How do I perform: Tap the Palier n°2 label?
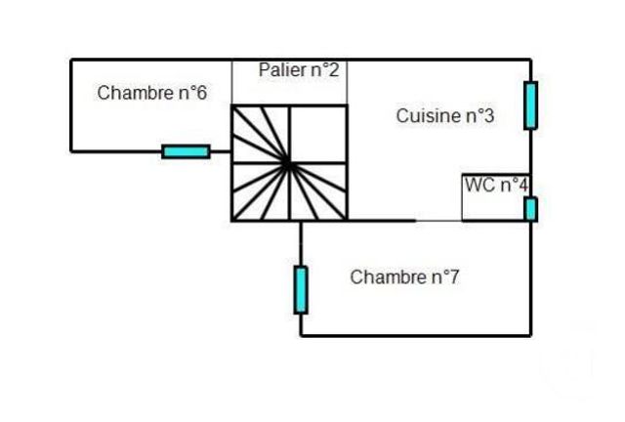[299, 70]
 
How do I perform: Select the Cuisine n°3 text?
[444, 116]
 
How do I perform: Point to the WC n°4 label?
[495, 185]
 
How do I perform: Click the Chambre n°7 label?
[404, 277]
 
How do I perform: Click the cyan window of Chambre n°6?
[186, 150]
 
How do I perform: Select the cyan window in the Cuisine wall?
[530, 105]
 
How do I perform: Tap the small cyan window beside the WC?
[530, 208]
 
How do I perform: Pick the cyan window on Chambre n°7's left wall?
[301, 289]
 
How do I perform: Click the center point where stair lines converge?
[289, 163]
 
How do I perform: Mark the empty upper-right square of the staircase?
[318, 134]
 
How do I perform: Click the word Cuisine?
[427, 116]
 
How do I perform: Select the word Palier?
[281, 70]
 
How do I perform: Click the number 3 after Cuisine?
[488, 116]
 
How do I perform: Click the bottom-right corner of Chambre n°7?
[531, 336]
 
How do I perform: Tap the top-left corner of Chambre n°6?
[71, 60]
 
